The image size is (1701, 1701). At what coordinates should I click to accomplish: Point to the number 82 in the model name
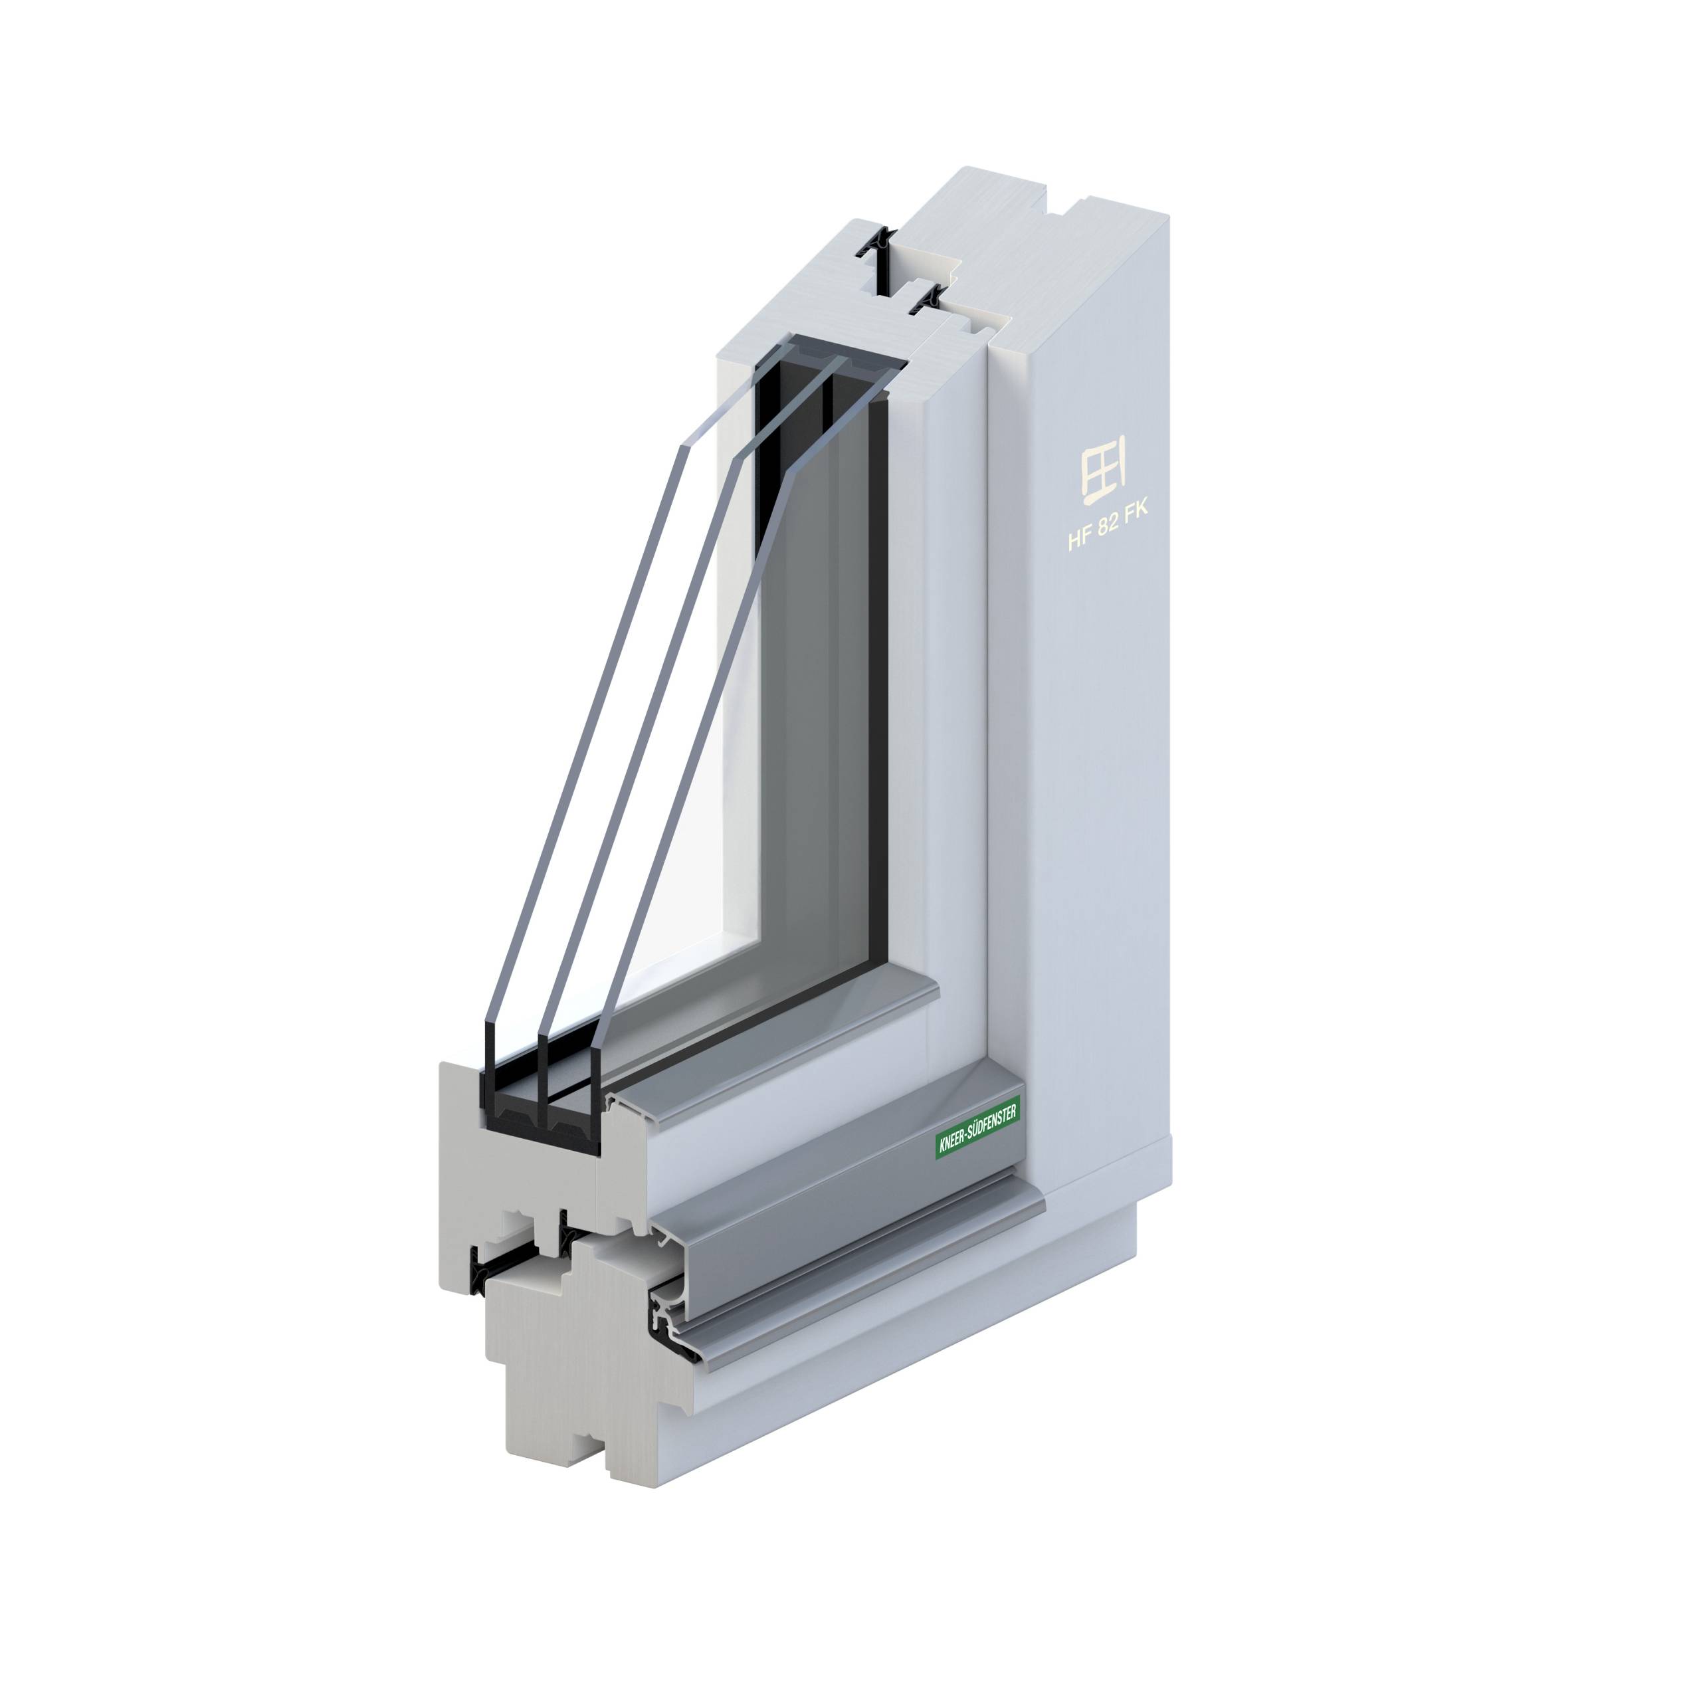click(1116, 534)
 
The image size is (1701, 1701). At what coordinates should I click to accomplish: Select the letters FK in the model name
click(1148, 526)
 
